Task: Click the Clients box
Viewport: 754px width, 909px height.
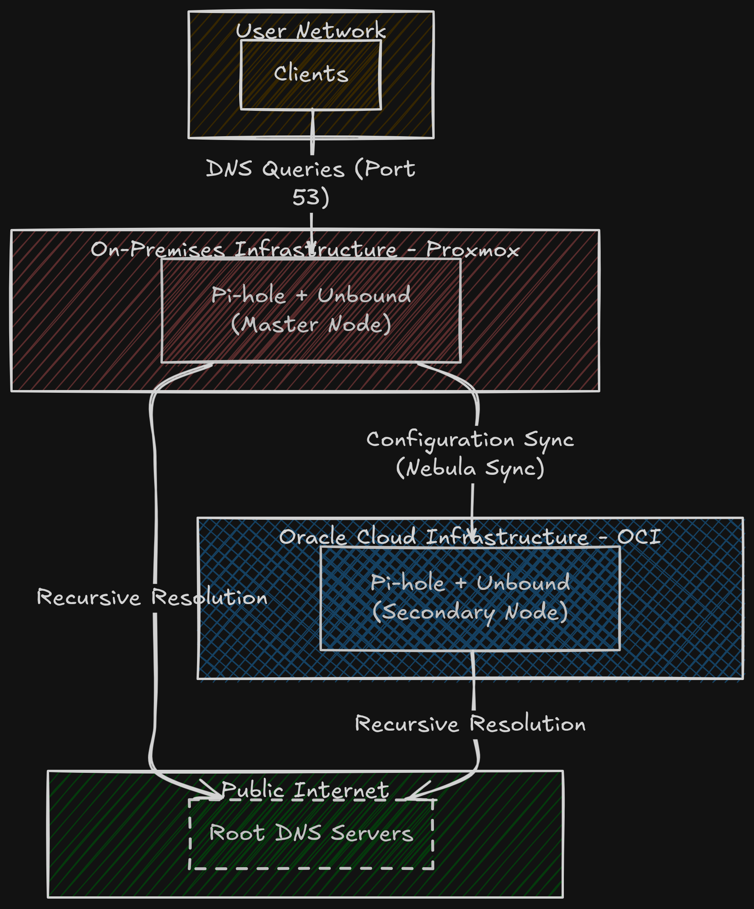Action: [310, 74]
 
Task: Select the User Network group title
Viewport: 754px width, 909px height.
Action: [310, 31]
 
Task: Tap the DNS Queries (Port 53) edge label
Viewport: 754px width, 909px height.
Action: [310, 183]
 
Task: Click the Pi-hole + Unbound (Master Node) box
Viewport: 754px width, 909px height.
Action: [310, 310]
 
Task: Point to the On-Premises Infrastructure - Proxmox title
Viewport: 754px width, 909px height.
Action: [305, 249]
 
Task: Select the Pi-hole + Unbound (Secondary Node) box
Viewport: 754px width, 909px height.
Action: [470, 598]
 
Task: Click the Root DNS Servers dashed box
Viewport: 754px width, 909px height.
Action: [311, 833]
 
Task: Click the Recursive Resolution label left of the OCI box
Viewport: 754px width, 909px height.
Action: [152, 597]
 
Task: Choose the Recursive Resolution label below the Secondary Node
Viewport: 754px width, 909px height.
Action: [470, 724]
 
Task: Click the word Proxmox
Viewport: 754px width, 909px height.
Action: [473, 250]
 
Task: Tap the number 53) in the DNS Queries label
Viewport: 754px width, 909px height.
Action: [310, 198]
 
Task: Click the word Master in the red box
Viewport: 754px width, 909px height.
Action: [279, 324]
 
